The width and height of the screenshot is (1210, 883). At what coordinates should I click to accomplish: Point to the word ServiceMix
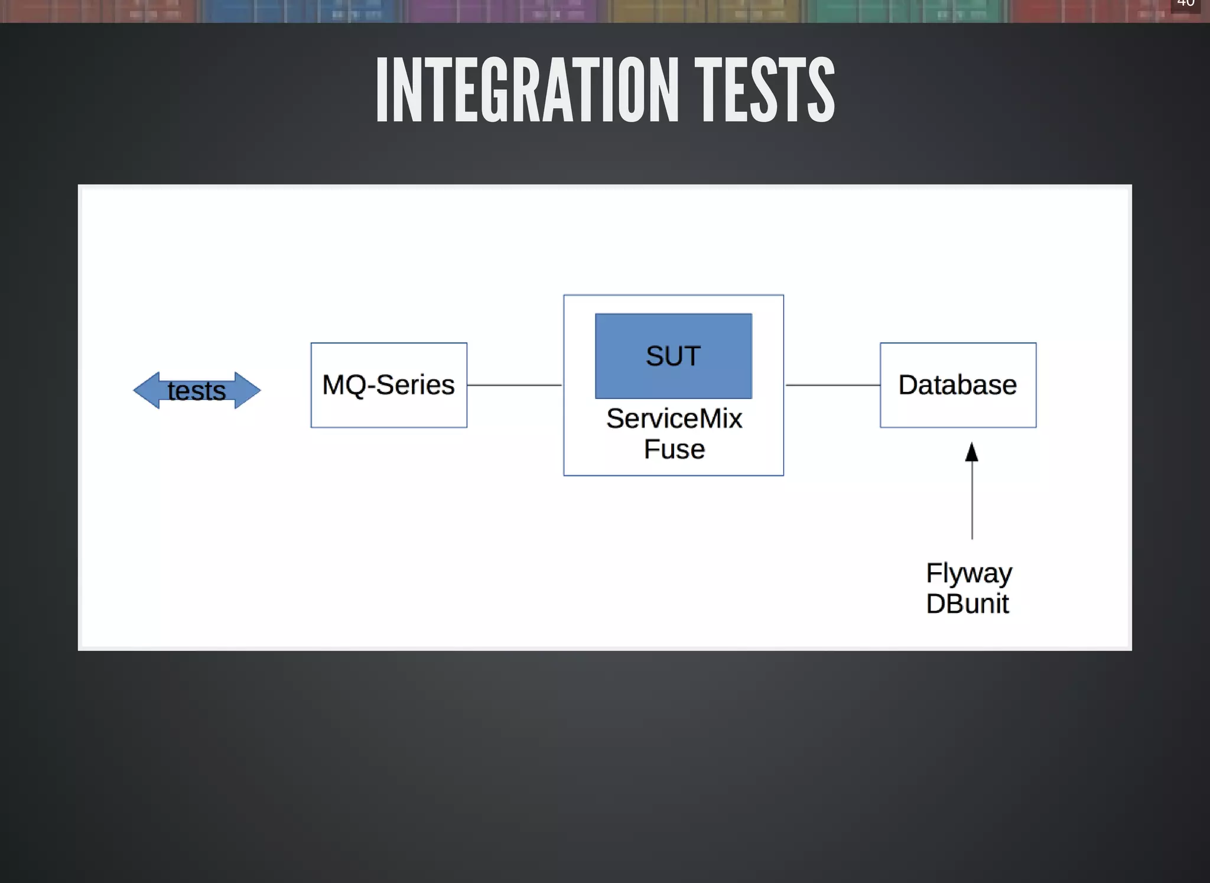pos(674,419)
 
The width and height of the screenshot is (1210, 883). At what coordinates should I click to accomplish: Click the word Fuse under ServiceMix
pos(674,450)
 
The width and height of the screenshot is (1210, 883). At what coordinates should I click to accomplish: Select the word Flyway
pos(968,573)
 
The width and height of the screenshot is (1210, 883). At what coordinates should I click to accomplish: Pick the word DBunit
pos(967,604)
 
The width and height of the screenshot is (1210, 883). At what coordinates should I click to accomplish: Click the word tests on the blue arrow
pos(196,391)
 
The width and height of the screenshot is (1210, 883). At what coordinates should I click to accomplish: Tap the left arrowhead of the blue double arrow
pos(145,390)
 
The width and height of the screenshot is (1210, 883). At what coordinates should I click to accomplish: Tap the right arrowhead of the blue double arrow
pos(248,390)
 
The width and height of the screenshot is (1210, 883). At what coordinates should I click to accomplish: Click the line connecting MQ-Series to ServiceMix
pos(514,385)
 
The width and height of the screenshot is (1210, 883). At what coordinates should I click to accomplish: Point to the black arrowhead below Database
pos(972,452)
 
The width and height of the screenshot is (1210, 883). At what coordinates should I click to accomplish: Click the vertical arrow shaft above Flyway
pos(972,502)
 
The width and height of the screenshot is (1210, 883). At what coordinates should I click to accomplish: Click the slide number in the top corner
pos(1185,4)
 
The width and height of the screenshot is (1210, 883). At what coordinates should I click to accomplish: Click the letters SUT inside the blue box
pos(673,356)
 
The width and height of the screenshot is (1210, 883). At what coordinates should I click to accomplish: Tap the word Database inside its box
pos(958,385)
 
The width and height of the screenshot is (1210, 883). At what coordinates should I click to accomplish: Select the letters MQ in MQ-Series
pos(343,385)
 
